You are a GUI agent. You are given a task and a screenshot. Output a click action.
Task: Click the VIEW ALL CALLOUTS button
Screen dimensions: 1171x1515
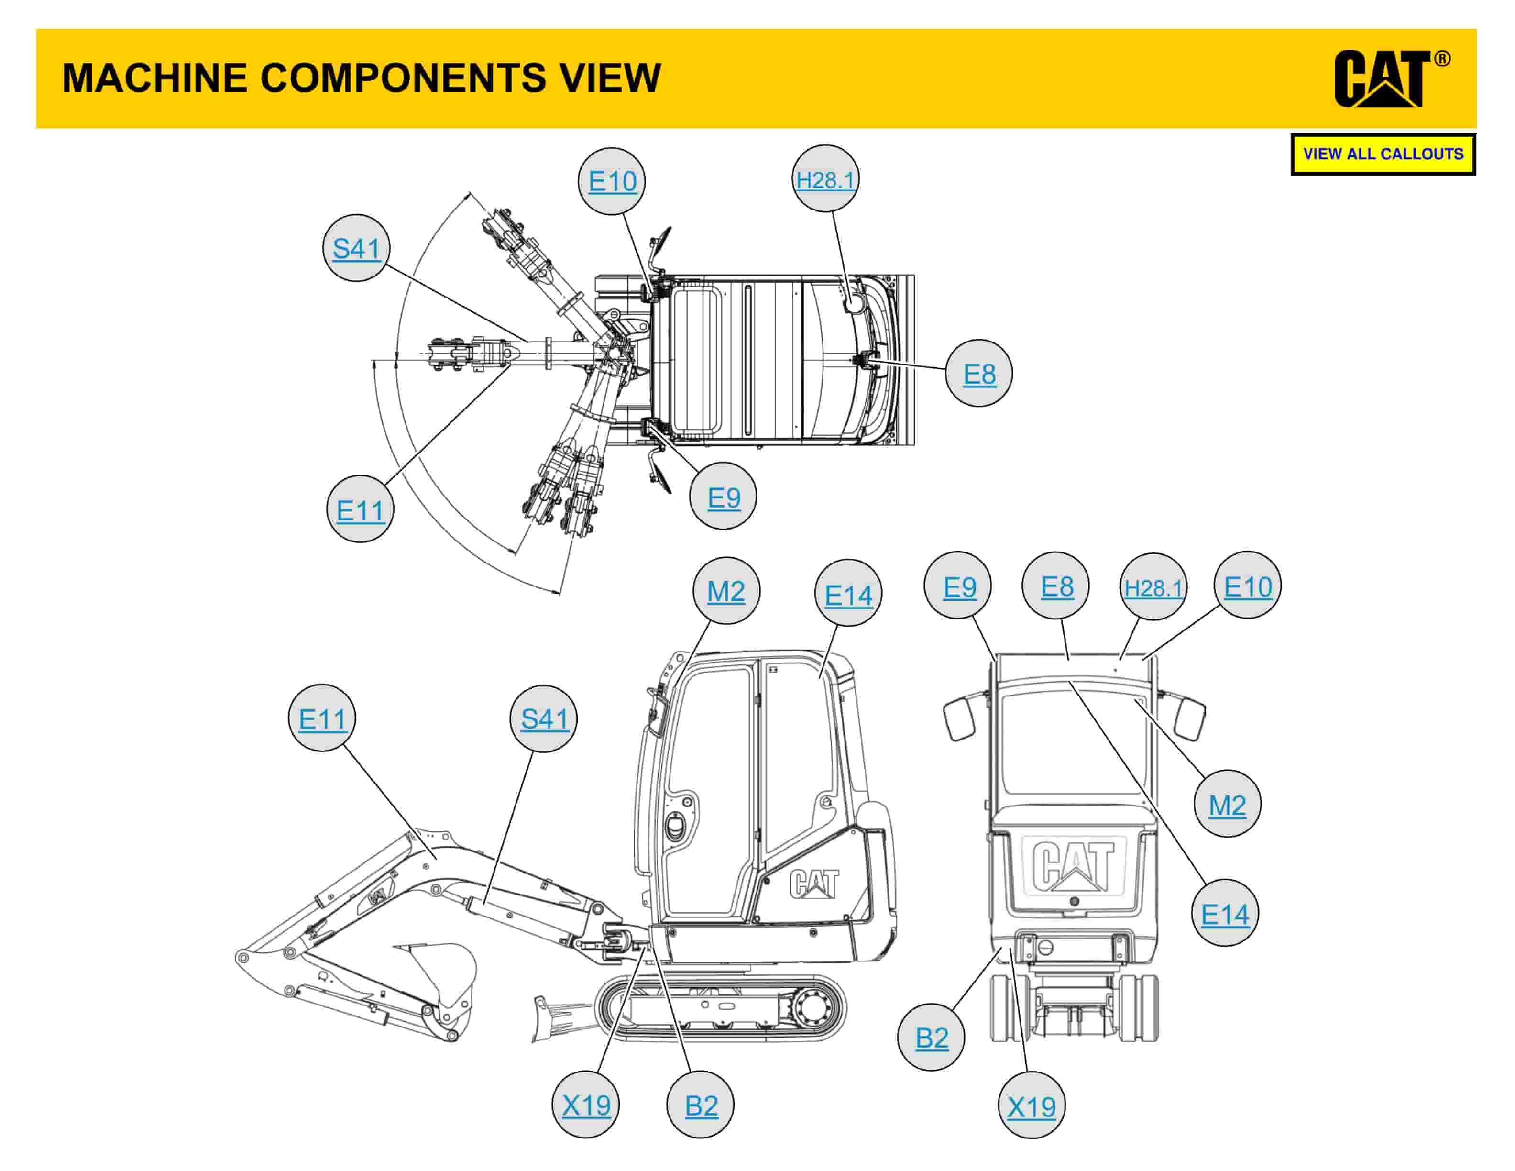[1383, 154]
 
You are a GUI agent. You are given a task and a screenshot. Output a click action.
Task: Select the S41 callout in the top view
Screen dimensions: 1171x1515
[357, 248]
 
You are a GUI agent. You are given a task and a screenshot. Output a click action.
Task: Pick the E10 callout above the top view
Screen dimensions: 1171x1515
[612, 181]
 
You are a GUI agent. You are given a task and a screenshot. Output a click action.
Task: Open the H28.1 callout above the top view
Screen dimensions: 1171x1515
[825, 180]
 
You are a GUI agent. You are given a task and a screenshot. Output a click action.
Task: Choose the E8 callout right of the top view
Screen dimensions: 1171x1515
[979, 374]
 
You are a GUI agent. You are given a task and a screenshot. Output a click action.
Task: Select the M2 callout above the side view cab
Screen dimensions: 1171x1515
[725, 591]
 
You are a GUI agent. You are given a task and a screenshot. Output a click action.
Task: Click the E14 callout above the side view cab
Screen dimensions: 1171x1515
[848, 595]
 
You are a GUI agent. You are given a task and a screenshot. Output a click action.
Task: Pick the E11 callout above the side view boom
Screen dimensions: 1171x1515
[322, 718]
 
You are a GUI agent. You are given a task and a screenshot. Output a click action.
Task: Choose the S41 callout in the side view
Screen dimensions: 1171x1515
[544, 718]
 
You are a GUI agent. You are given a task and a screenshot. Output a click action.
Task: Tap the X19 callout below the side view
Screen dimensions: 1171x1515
[585, 1105]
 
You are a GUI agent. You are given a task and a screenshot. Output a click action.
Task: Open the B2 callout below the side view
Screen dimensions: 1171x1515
[701, 1105]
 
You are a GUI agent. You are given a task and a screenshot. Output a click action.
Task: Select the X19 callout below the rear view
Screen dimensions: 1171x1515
[1031, 1106]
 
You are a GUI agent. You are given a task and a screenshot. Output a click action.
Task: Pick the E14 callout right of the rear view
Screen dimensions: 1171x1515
[1224, 914]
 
